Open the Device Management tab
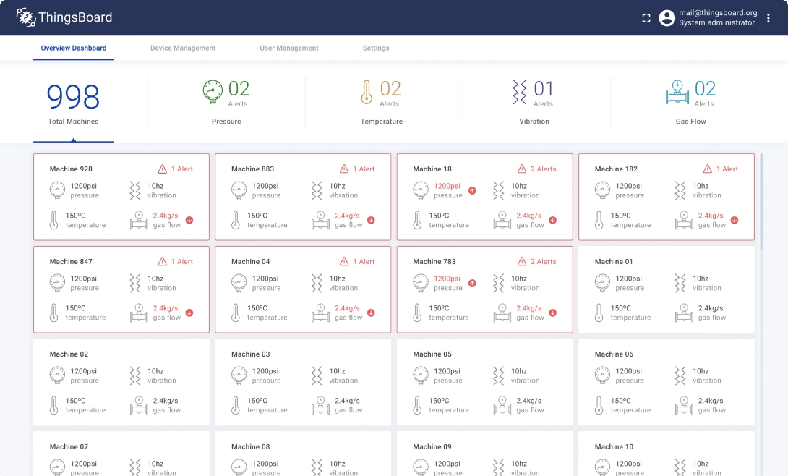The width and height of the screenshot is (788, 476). tap(183, 48)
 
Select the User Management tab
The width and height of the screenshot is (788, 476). tap(289, 48)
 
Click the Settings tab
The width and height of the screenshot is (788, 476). tap(376, 48)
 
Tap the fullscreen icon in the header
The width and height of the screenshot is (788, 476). tap(646, 18)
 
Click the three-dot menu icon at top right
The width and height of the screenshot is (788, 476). tap(768, 18)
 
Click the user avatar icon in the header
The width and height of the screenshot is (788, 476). tap(667, 18)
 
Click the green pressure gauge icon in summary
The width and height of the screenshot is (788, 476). tap(213, 92)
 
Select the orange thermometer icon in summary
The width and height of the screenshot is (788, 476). tap(367, 92)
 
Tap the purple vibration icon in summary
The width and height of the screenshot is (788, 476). tap(519, 92)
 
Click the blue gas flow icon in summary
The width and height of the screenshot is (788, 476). tap(677, 92)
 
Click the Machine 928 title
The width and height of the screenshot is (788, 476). tap(71, 169)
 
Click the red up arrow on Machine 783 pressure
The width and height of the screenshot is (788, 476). tap(472, 284)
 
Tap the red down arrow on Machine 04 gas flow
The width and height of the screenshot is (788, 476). tap(371, 313)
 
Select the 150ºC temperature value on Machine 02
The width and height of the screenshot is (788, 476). tap(76, 401)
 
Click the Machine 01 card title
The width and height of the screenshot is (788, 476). tap(614, 262)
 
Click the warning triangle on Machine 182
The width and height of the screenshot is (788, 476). tap(708, 169)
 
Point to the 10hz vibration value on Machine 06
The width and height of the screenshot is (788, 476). tap(701, 372)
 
